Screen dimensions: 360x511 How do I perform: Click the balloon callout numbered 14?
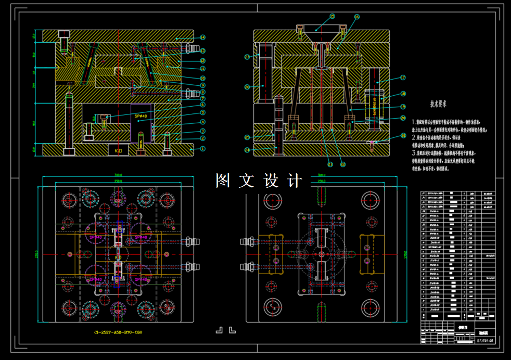point(203,37)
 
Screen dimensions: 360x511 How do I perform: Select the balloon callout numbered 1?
point(203,149)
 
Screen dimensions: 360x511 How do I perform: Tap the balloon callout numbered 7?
point(203,99)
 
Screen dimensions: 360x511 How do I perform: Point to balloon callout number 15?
point(332,17)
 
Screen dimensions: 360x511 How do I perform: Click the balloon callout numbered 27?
point(248,56)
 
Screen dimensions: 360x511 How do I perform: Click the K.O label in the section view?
point(118,150)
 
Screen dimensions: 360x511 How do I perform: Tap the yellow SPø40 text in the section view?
point(141,117)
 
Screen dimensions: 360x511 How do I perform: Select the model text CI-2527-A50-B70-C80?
point(118,332)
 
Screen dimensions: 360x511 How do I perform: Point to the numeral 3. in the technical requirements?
point(414,153)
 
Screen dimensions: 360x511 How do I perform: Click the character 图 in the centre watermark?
point(223,181)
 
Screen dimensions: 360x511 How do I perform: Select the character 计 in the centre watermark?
point(295,181)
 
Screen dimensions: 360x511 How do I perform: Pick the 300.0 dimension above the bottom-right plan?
point(322,175)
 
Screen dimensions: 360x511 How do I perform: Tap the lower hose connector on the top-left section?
point(190,93)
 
